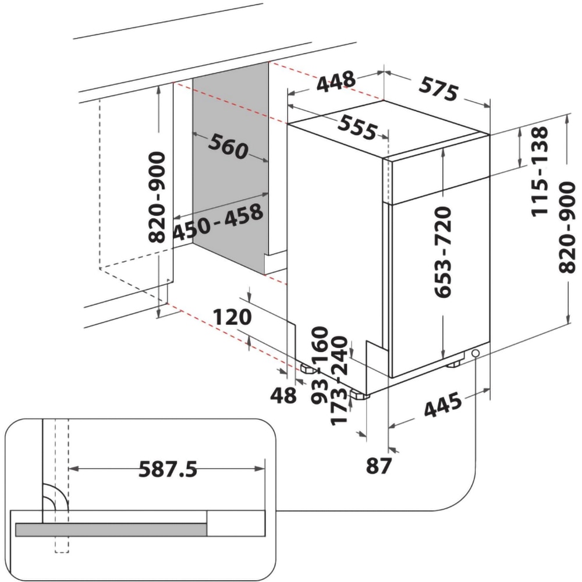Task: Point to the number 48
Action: (x=284, y=396)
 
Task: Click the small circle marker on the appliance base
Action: (x=476, y=353)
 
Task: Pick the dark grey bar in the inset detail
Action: (x=111, y=529)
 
